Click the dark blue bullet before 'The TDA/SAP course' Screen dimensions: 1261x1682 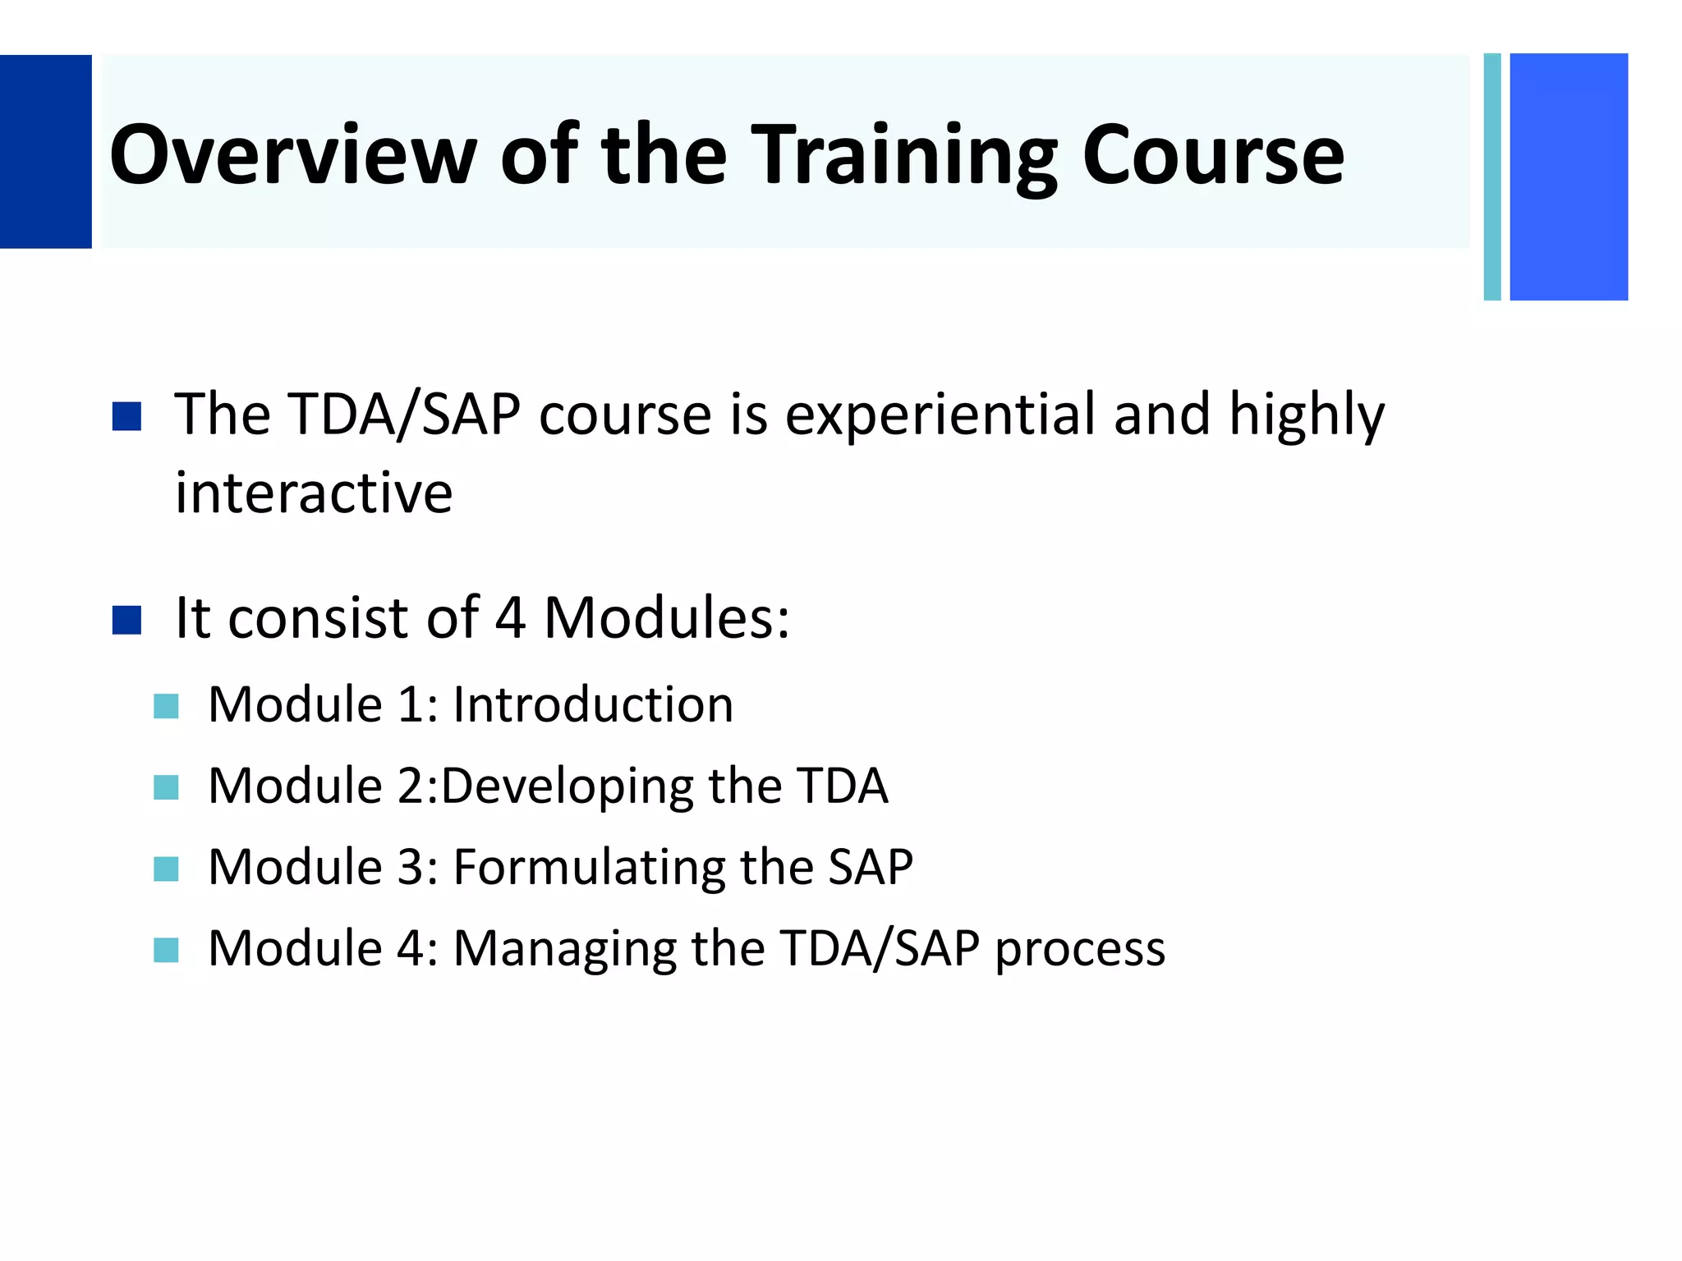pos(126,416)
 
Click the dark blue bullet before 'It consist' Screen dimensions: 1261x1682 pos(126,620)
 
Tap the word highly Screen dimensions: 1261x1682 pos(1306,415)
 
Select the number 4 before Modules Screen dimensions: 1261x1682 pos(509,617)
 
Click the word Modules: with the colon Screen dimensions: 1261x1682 pos(666,617)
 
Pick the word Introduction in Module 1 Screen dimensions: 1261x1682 pos(593,704)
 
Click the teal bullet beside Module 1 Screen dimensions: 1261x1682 pos(166,706)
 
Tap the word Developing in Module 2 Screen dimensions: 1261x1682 pos(568,786)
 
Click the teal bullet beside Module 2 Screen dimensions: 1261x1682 pos(166,787)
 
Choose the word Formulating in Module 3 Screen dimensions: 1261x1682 pos(588,868)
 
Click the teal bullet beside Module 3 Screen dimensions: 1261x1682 pos(166,869)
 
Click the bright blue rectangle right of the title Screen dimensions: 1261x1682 pos(1568,177)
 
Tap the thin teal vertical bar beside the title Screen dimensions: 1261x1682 pos(1492,177)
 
